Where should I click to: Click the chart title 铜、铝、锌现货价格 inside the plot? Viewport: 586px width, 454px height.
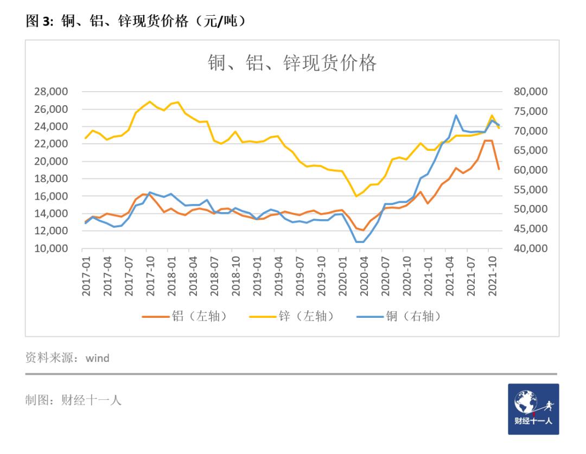292,63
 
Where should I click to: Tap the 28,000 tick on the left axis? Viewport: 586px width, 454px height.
52,92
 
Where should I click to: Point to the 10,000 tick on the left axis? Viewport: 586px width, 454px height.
52,248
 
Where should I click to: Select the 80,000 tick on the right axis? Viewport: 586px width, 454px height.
531,92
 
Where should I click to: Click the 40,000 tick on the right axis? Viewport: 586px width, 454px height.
531,248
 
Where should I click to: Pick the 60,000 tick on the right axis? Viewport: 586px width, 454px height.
531,170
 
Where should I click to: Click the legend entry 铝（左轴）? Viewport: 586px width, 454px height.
184,316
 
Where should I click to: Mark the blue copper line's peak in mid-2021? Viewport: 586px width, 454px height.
456,115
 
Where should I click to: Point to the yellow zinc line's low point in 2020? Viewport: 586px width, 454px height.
356,196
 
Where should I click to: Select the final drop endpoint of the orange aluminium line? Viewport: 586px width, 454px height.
499,169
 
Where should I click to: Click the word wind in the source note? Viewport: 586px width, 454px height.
98,358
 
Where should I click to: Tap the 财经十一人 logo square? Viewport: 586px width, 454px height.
533,409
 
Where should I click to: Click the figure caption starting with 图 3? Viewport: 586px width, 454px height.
136,21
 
